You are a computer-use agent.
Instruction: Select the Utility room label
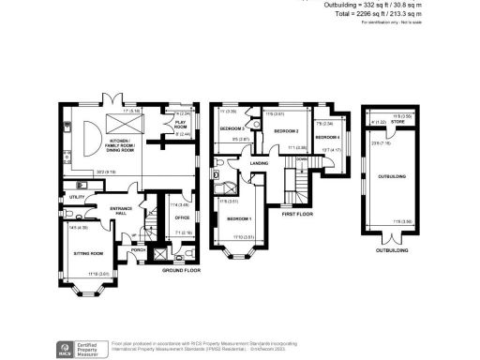77,197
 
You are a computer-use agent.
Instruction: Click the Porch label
139,250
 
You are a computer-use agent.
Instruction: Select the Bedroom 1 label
239,218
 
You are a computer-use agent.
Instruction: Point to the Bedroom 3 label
232,127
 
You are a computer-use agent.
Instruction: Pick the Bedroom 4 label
327,137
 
